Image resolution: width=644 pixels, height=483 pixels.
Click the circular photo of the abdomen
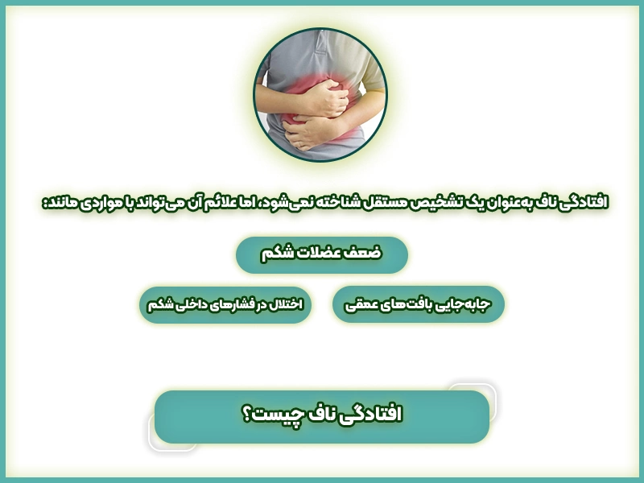[x=321, y=95]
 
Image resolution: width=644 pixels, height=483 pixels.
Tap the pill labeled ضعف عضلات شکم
[x=321, y=254]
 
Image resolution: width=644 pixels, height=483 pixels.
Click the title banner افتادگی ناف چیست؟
[x=321, y=416]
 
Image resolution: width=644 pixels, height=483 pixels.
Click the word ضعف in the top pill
[x=364, y=254]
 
